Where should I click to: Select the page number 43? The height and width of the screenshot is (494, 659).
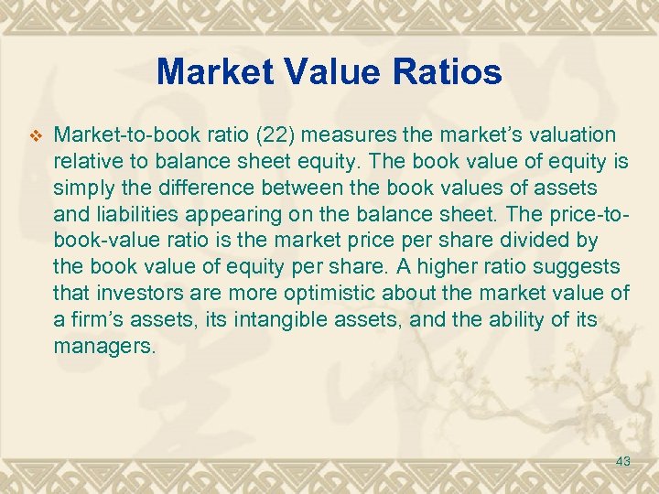(x=623, y=462)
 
